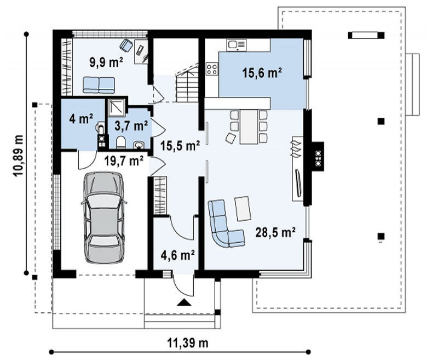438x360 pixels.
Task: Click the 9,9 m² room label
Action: [x=106, y=62]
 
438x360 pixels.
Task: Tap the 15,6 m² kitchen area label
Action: [x=262, y=73]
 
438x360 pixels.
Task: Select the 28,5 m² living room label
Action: [x=275, y=232]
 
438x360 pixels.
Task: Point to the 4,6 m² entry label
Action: [x=177, y=255]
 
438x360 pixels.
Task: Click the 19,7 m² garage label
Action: [x=124, y=161]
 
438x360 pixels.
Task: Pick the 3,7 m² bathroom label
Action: [x=131, y=126]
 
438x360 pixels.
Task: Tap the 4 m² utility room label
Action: [x=81, y=119]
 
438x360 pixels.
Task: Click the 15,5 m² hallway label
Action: [x=180, y=146]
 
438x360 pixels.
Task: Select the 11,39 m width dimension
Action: [x=188, y=342]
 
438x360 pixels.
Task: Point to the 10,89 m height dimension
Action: [x=19, y=156]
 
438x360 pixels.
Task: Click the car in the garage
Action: [x=103, y=218]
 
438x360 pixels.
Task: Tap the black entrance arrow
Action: [x=184, y=302]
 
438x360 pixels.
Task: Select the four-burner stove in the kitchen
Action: [x=212, y=68]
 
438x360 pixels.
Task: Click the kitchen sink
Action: [x=237, y=45]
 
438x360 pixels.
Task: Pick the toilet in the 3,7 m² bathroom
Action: [x=120, y=142]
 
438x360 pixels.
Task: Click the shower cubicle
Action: [x=116, y=107]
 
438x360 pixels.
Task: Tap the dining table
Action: [x=249, y=127]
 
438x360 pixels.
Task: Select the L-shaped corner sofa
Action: [x=226, y=224]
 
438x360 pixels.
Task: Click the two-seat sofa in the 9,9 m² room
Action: [x=99, y=85]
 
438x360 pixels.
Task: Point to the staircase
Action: [x=187, y=83]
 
